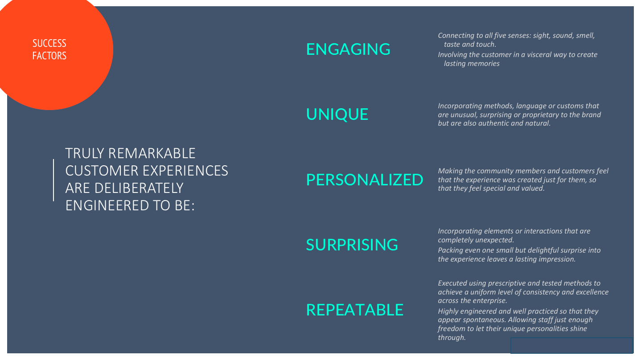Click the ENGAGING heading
click(x=348, y=49)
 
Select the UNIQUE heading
click(x=337, y=115)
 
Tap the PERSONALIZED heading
click(x=365, y=180)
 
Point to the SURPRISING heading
click(x=352, y=245)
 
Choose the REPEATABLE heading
click(x=355, y=310)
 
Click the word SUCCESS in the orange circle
click(x=49, y=44)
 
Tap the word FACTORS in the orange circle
click(x=49, y=56)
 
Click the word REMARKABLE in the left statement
click(x=152, y=154)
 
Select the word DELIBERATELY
click(x=139, y=188)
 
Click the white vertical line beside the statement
click(x=53, y=180)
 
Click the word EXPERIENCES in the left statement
click(x=185, y=171)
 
